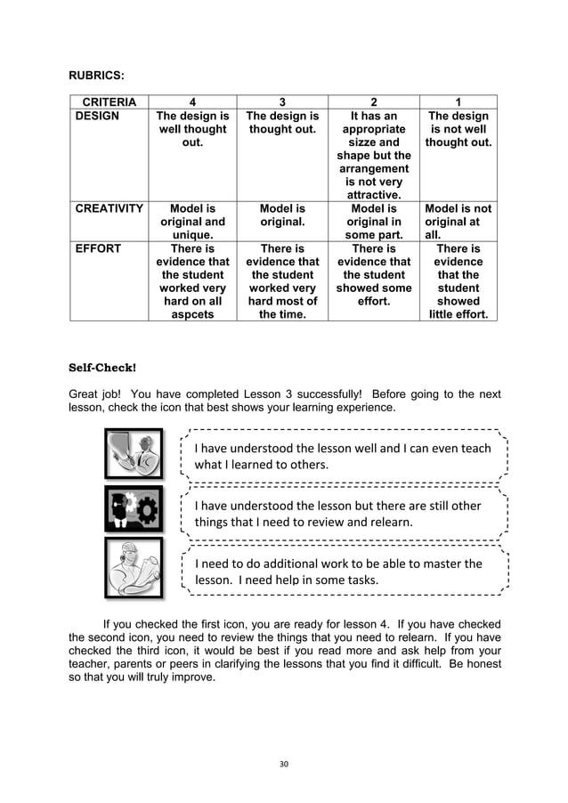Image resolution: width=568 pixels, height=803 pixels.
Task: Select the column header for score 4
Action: (192, 102)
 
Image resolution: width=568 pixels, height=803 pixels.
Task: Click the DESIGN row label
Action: (96, 117)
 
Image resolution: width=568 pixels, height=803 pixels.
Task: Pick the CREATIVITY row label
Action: (110, 208)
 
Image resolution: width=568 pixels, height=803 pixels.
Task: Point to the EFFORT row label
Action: (97, 249)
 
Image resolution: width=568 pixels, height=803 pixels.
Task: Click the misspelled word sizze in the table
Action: (374, 142)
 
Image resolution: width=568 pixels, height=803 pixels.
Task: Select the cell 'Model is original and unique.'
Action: (192, 222)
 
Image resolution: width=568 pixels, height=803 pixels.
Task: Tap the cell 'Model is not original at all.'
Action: (458, 222)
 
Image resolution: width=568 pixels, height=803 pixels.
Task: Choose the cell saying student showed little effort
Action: (458, 282)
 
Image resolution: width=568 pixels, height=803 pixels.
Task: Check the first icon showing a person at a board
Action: (134, 454)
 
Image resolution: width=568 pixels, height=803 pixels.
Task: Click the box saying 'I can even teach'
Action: (343, 456)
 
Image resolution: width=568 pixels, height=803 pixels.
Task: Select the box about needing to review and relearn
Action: (343, 514)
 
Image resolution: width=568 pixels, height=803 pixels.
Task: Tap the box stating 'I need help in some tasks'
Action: (343, 572)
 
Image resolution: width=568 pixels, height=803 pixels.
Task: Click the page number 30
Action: (283, 763)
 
